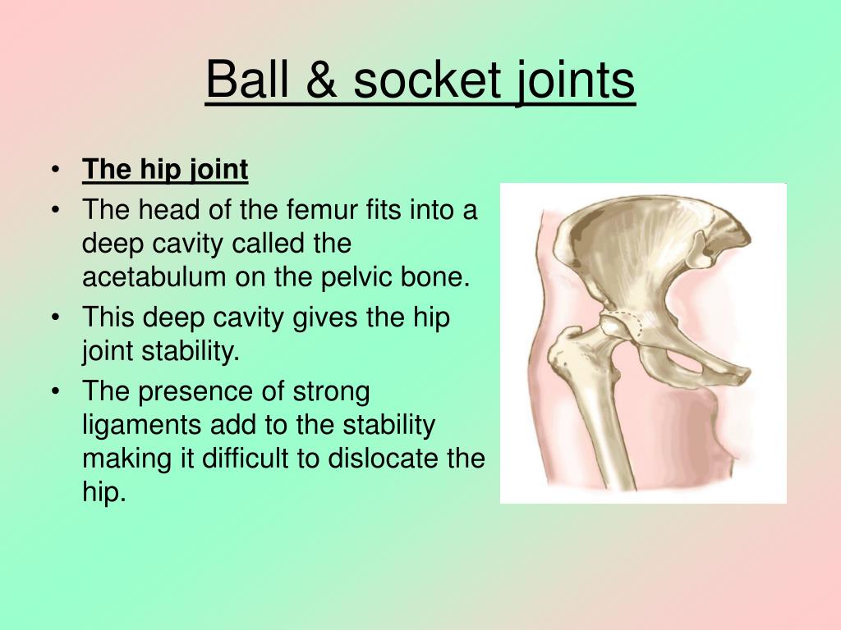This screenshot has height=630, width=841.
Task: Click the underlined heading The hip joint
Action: tap(165, 170)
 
